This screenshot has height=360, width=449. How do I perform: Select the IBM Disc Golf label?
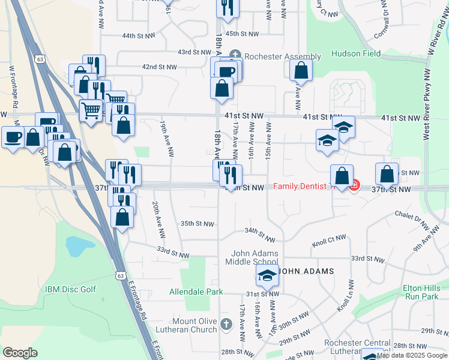70,289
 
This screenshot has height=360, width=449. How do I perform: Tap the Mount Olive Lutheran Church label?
194,326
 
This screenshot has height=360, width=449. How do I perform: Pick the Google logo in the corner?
20,352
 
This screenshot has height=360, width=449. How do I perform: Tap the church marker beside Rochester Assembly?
235,57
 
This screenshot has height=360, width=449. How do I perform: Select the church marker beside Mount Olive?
226,325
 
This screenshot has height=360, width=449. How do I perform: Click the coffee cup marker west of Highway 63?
13,137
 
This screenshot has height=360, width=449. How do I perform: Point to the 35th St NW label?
197,224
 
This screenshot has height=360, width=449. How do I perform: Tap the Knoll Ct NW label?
329,241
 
